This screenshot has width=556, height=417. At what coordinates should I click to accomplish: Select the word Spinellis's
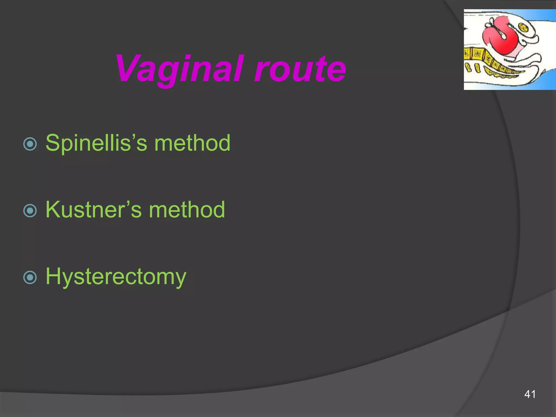(96, 143)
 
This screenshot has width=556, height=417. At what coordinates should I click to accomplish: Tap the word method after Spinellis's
(192, 143)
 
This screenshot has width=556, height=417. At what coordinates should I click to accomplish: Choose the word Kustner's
(94, 210)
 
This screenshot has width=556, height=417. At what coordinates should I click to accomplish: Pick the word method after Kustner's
(187, 210)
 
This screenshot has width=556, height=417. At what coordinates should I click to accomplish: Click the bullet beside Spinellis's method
(30, 144)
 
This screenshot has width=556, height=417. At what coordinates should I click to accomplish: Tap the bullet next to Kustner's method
(30, 211)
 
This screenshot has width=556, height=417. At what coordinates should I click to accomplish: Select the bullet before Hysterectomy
(30, 277)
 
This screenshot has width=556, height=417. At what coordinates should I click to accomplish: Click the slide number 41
(530, 394)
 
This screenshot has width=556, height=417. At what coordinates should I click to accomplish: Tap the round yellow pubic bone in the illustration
(523, 27)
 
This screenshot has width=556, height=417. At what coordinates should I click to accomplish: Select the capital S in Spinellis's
(52, 143)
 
